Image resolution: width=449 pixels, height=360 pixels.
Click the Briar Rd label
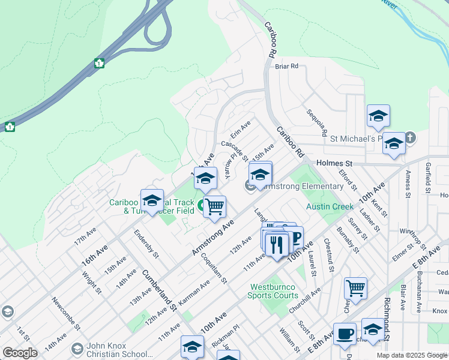tap(286, 67)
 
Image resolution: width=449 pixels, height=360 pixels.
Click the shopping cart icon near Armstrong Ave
tap(214, 207)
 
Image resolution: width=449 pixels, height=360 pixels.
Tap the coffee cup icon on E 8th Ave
tap(345, 334)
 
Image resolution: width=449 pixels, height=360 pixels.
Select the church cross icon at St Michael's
tap(410, 138)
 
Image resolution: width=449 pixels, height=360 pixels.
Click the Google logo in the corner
tap(20, 353)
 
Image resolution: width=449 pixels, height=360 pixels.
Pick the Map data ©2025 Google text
tap(411, 355)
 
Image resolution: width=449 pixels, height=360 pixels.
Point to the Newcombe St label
tap(65, 314)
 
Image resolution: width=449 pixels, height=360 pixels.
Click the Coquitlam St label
tap(217, 268)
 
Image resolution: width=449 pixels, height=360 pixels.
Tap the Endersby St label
tap(146, 244)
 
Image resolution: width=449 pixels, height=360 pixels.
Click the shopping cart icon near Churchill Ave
tap(356, 287)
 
